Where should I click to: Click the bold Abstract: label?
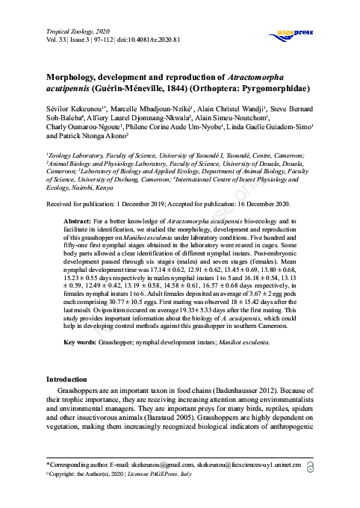click(78, 223)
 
